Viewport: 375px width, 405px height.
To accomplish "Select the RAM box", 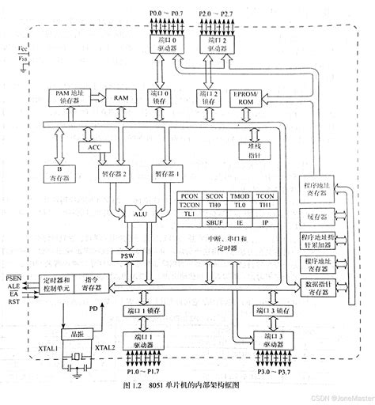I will [121, 97].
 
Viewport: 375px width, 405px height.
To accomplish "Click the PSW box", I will [127, 257].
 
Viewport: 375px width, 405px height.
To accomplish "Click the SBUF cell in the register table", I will [218, 223].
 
